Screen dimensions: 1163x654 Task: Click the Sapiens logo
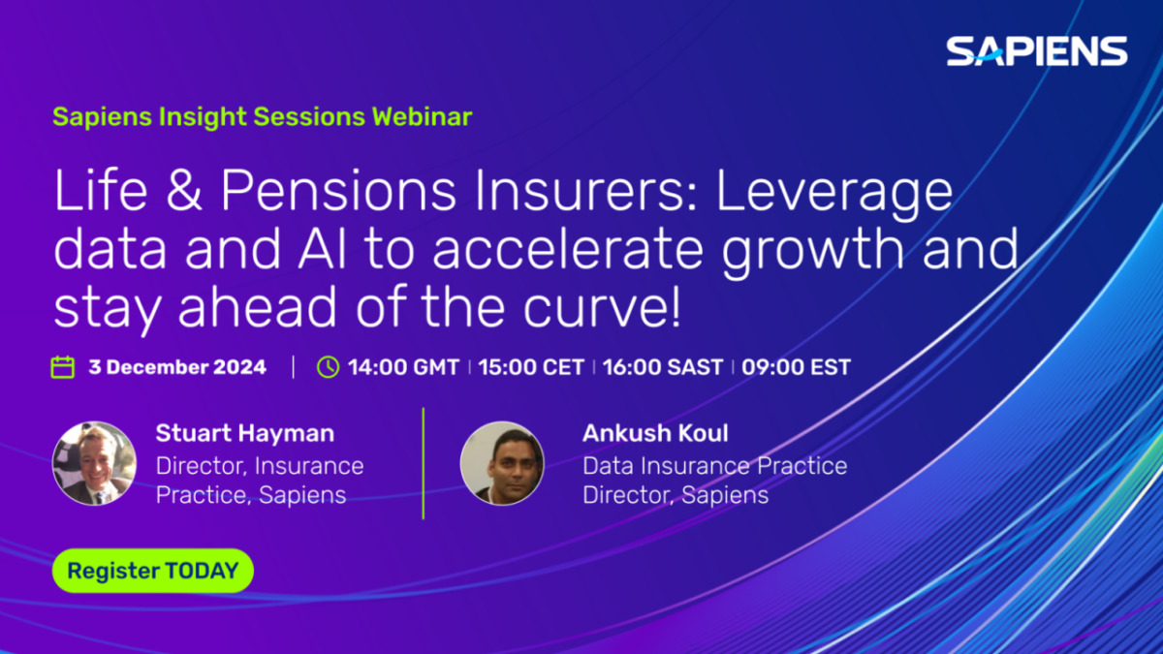pyautogui.click(x=1036, y=50)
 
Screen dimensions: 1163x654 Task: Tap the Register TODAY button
pyautogui.click(x=153, y=571)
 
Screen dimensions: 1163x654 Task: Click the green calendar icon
pyautogui.click(x=63, y=367)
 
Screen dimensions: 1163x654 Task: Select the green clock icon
pyautogui.click(x=329, y=367)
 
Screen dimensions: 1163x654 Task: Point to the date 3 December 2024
pyautogui.click(x=177, y=367)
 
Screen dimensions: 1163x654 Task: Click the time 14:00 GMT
pyautogui.click(x=403, y=367)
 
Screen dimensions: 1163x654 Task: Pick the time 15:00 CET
pyautogui.click(x=531, y=367)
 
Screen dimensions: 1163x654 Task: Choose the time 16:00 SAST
pyautogui.click(x=663, y=367)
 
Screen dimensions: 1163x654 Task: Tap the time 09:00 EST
pyautogui.click(x=796, y=367)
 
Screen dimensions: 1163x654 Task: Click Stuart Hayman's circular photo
pyautogui.click(x=95, y=463)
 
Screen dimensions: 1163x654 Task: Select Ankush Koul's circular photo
pyautogui.click(x=502, y=463)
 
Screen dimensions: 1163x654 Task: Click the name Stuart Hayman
pyautogui.click(x=245, y=433)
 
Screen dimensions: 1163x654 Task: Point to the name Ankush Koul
pyautogui.click(x=655, y=433)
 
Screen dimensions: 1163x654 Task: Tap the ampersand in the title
pyautogui.click(x=184, y=191)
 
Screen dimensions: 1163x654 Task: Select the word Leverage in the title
pyautogui.click(x=834, y=196)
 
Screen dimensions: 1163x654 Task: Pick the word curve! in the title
pyautogui.click(x=601, y=307)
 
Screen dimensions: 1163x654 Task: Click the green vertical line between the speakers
pyautogui.click(x=424, y=463)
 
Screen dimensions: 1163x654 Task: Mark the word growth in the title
pyautogui.click(x=812, y=253)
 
